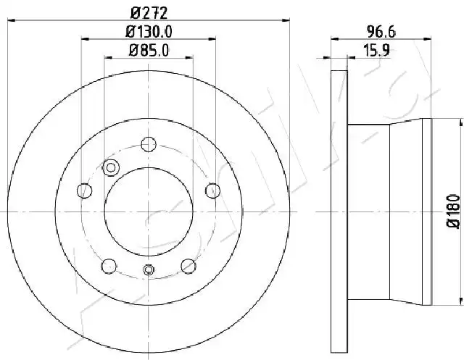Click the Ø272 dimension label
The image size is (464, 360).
click(x=149, y=13)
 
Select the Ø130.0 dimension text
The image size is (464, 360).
click(x=149, y=32)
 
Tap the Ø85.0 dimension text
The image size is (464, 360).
click(x=149, y=50)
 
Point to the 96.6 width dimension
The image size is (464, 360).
click(x=381, y=32)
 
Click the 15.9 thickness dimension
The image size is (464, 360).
click(x=376, y=50)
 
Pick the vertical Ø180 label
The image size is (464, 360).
click(x=453, y=211)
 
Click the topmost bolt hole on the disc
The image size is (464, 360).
click(x=149, y=145)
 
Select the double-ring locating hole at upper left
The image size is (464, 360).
click(x=111, y=167)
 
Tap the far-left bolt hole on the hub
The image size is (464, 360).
click(x=84, y=191)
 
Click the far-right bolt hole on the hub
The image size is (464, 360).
click(x=212, y=191)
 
